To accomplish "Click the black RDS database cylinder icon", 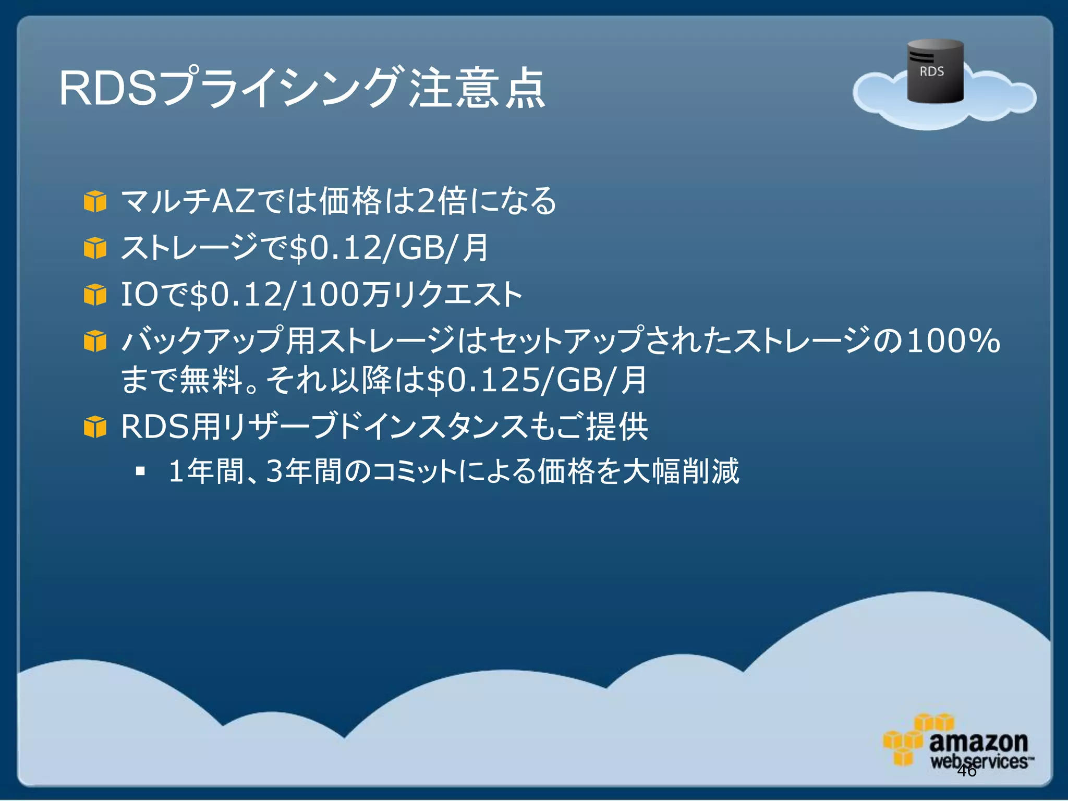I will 935,71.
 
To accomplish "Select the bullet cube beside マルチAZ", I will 95,202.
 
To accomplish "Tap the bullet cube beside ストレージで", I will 95,248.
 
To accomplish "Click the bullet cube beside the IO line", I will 95,295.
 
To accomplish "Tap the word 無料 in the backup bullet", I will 211,380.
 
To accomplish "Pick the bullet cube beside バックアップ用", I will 95,342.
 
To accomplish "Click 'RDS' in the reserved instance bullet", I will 154,427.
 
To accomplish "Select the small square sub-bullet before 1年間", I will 140,471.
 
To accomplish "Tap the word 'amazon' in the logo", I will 978,742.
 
